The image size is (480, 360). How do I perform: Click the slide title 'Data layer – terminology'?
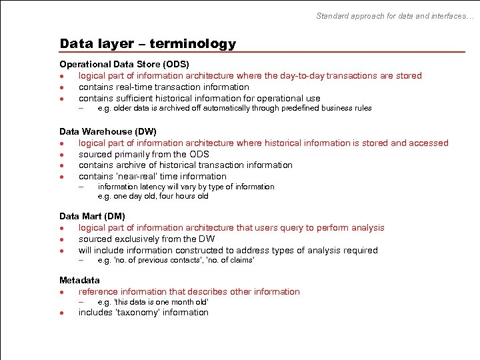pos(147,44)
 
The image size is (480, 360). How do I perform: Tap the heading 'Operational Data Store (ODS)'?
pos(124,65)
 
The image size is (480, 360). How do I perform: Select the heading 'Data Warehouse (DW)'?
pos(108,132)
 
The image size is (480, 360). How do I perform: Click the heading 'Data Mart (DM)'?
pos(92,216)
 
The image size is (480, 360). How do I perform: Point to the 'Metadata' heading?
pos(79,280)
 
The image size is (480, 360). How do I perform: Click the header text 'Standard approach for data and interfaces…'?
pos(395,15)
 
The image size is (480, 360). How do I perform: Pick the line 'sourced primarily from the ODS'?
pos(143,154)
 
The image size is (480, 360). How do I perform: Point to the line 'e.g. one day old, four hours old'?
pos(153,196)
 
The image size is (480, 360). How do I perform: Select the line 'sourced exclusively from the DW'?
pos(147,239)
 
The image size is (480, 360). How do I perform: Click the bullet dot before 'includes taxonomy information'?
pos(61,313)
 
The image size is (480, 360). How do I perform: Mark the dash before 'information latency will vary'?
pos(81,187)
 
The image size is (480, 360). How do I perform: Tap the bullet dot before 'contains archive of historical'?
pos(61,165)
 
